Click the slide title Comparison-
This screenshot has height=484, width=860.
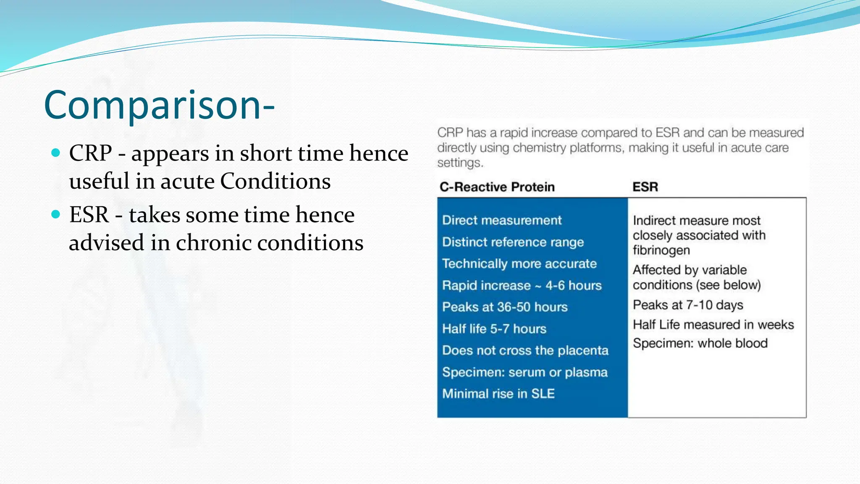159,105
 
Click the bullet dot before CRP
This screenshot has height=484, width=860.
56,153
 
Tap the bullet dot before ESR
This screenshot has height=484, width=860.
56,214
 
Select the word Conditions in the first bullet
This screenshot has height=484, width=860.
275,181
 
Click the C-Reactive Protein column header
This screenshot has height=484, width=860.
497,187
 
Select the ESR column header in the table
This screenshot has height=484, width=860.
645,187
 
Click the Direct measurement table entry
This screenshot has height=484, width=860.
502,220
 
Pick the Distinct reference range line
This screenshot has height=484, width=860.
513,242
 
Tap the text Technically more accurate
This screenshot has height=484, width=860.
519,264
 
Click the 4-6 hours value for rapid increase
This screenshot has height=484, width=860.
574,286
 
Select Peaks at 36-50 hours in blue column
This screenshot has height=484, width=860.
505,307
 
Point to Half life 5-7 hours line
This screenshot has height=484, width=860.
494,329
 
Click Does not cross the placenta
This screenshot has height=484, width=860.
525,350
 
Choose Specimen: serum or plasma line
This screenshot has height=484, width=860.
525,372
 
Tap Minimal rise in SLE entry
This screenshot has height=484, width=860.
498,394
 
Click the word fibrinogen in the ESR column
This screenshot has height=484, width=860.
661,250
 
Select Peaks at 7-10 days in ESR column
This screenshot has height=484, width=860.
688,305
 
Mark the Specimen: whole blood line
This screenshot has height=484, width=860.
700,343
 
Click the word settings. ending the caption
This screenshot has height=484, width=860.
460,163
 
